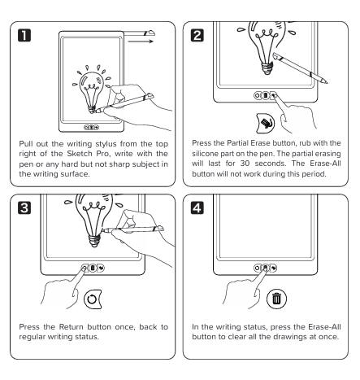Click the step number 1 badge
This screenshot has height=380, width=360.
(24, 36)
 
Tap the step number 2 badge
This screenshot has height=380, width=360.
(197, 36)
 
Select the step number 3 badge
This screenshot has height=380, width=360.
(24, 208)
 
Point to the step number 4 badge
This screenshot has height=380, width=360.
(197, 208)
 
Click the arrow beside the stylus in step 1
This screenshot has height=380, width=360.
(141, 41)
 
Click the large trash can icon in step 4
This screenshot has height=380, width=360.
(276, 299)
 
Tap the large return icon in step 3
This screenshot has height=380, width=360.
(93, 299)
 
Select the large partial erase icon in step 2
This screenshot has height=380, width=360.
(265, 124)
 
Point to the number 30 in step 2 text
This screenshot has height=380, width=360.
(245, 164)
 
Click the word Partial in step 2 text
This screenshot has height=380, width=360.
(237, 143)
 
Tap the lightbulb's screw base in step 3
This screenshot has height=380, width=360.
(94, 241)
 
